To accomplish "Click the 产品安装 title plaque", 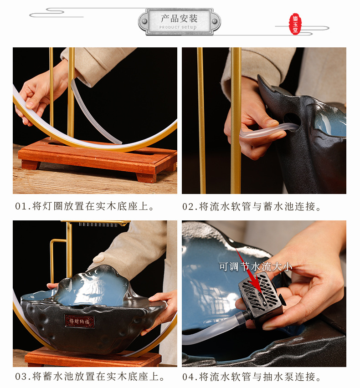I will tap(179, 20).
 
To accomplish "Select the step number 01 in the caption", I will tap(21, 206).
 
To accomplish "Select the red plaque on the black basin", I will tap(79, 321).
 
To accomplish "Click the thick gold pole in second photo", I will tap(236, 118).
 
